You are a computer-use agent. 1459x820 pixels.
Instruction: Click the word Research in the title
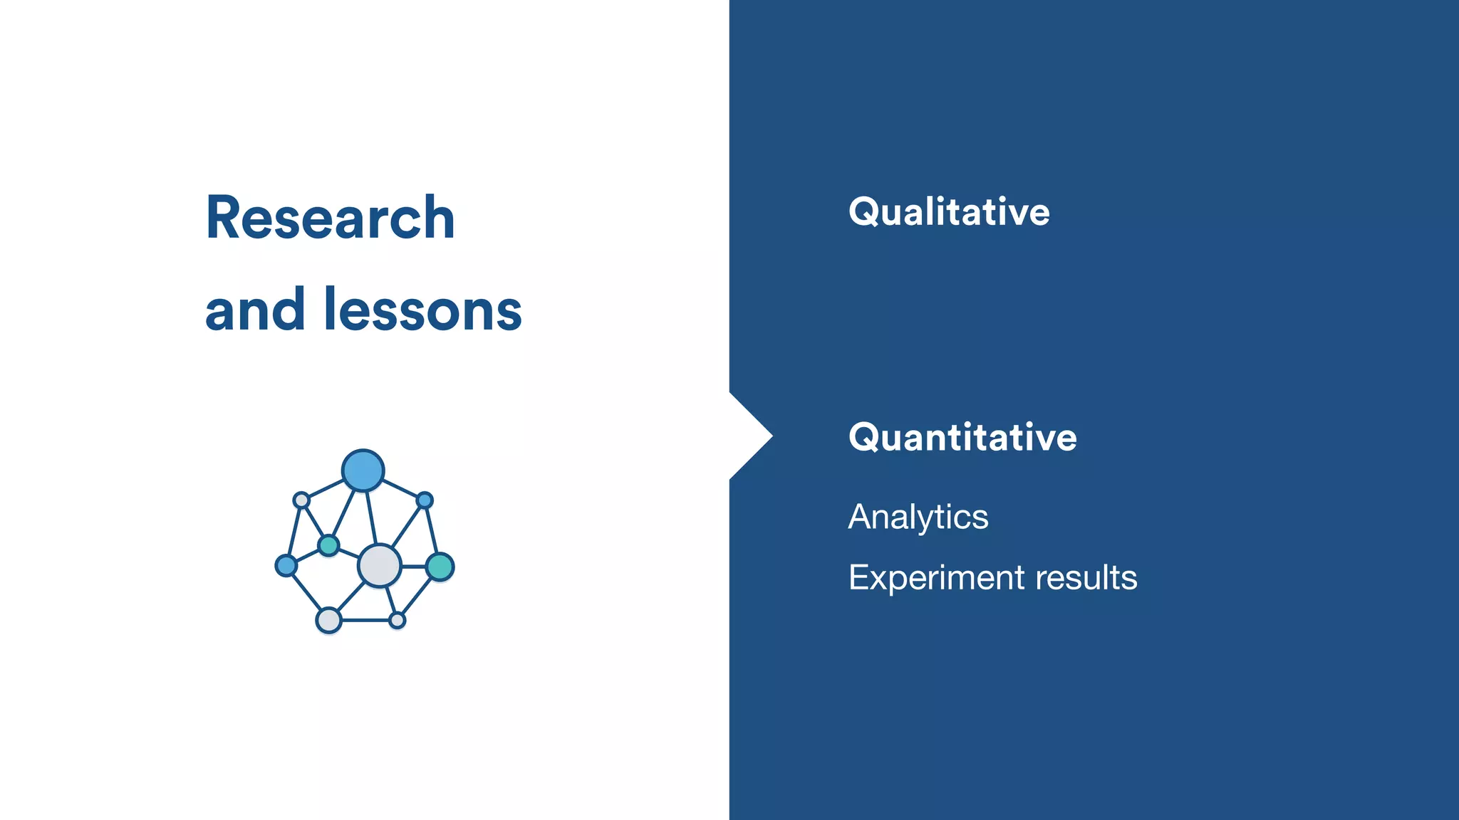[x=330, y=218]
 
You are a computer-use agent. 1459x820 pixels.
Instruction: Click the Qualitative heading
[x=948, y=212]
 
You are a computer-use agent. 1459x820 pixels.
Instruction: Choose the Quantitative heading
[x=962, y=437]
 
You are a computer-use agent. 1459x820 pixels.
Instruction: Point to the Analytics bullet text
[x=918, y=517]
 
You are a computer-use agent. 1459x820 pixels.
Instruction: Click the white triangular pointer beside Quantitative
[x=748, y=436]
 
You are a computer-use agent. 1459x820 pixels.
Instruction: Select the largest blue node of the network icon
[x=363, y=471]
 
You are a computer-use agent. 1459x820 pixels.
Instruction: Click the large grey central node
[x=379, y=566]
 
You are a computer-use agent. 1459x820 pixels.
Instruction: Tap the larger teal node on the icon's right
[x=440, y=567]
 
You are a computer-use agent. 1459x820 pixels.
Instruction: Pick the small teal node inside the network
[x=328, y=546]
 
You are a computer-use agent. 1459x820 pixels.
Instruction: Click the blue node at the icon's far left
[x=286, y=566]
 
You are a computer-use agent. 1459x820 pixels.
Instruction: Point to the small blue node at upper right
[x=425, y=500]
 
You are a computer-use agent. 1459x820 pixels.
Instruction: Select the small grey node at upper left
[x=301, y=500]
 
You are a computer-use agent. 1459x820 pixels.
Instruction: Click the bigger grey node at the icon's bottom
[x=328, y=620]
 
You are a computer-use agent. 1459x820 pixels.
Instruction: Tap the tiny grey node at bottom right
[x=398, y=621]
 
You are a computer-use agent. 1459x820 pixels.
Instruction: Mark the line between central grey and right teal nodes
[x=414, y=567]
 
